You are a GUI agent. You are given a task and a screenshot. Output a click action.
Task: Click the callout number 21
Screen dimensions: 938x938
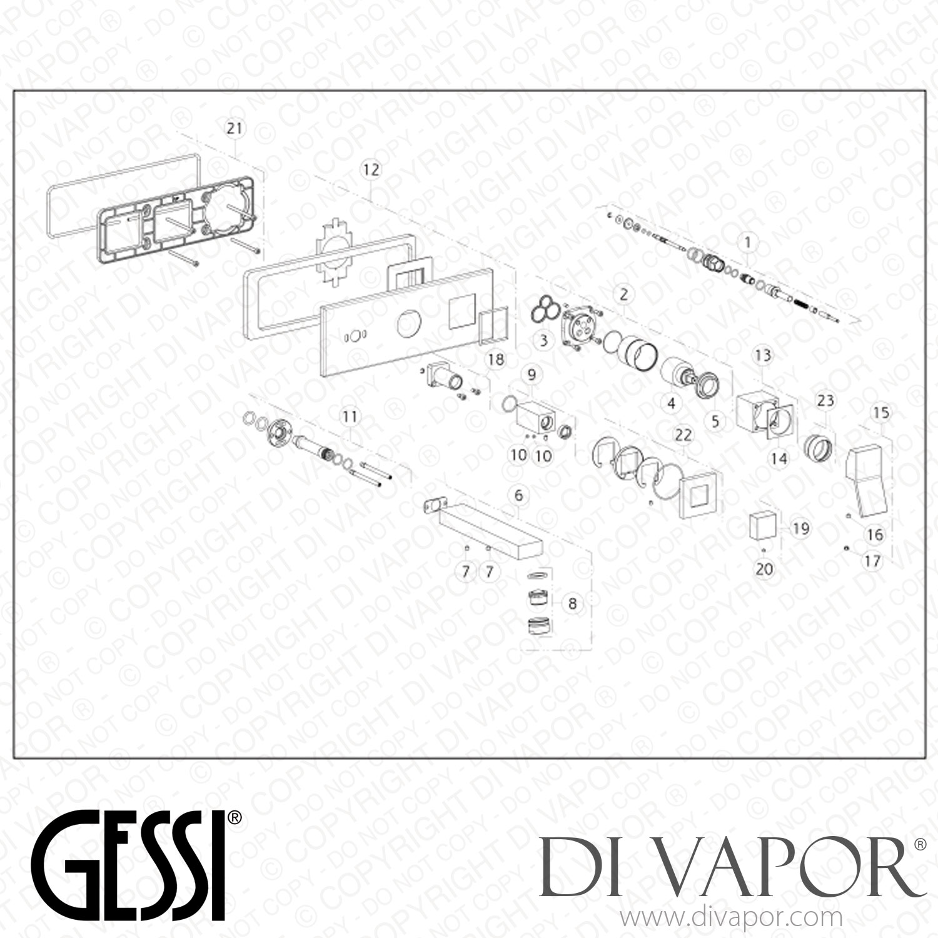[x=234, y=129]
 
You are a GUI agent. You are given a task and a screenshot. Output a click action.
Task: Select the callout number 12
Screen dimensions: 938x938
[x=371, y=169]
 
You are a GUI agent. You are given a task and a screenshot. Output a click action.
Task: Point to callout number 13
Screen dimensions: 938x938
[x=763, y=355]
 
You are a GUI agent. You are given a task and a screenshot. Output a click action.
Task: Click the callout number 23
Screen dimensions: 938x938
[x=825, y=400]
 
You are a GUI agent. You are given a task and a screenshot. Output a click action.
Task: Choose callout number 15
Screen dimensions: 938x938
[x=880, y=413]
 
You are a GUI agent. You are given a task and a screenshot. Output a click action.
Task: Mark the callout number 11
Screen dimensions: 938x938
[x=350, y=416]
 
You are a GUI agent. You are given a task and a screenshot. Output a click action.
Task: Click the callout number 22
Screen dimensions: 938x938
[x=683, y=434]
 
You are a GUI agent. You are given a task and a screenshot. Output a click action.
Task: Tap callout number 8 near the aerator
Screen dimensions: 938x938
[x=572, y=603]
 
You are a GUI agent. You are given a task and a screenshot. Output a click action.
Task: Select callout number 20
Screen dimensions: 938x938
[x=764, y=569]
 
